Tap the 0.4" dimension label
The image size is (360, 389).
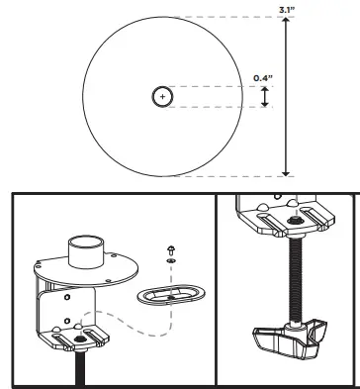[262, 77]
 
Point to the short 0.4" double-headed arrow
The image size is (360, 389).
[264, 96]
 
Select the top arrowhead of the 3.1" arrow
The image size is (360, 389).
[287, 21]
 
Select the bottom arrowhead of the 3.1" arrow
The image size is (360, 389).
[287, 171]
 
